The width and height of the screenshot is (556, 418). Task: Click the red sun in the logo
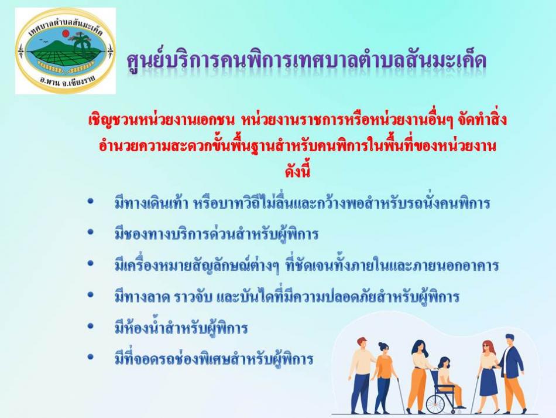tap(66, 34)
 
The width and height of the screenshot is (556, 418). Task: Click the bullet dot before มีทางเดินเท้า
tap(90, 201)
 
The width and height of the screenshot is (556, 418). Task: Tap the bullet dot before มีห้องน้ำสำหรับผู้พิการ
tap(90, 325)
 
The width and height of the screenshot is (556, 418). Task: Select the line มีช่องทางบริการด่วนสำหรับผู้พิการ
tap(217, 233)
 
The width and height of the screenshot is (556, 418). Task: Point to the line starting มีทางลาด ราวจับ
tap(287, 296)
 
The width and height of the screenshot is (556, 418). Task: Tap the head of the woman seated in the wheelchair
tap(443, 363)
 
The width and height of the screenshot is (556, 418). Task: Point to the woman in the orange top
tap(385, 376)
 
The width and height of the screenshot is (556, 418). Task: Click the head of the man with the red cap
tap(362, 344)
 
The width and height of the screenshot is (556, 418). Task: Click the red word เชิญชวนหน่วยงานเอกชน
tap(162, 120)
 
